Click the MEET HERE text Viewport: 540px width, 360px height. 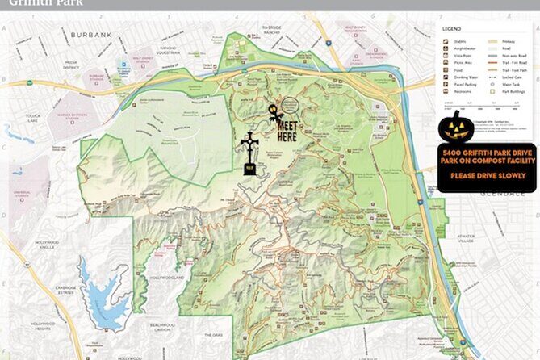click(287, 131)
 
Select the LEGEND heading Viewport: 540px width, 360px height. click(454, 29)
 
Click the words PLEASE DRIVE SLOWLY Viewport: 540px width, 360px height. click(486, 175)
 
